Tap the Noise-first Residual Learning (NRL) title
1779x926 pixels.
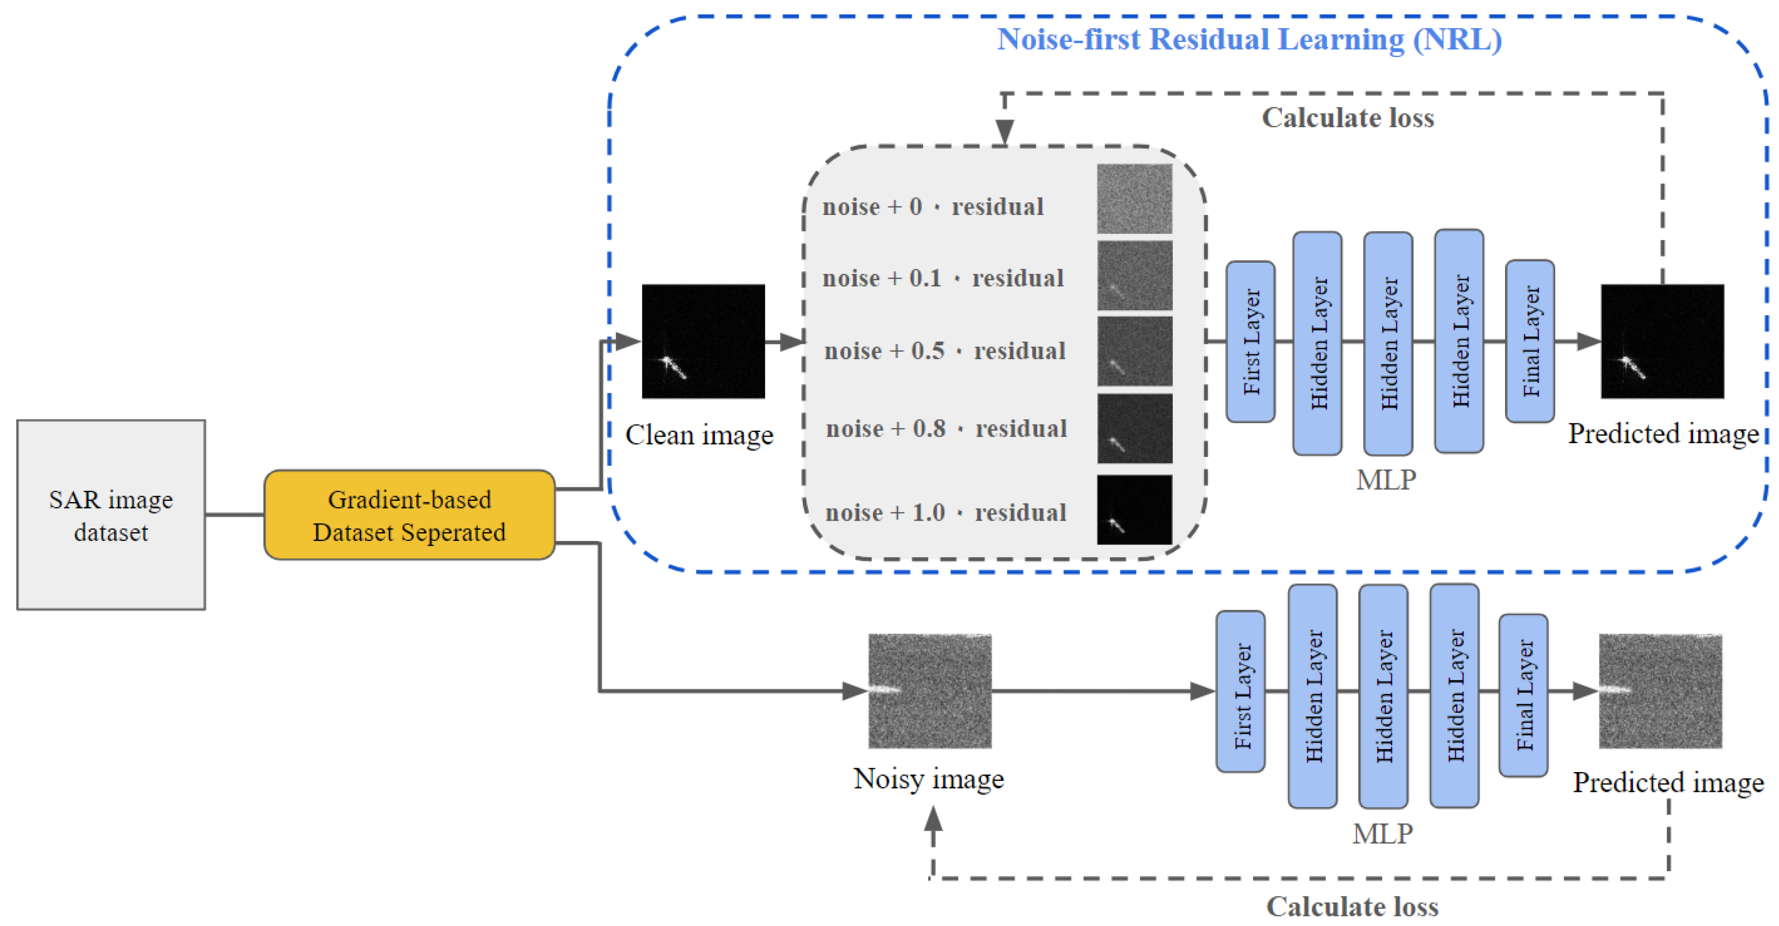pos(1249,39)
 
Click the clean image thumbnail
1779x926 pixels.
pos(703,341)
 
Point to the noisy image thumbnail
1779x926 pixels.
pos(930,690)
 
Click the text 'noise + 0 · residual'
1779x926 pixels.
pos(932,206)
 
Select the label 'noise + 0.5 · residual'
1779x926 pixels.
pos(945,351)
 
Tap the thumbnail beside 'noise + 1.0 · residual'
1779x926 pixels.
pos(1134,509)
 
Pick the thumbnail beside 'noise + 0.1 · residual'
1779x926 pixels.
pos(1134,276)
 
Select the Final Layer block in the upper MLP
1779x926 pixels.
pos(1530,341)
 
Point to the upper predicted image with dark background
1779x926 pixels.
pos(1662,341)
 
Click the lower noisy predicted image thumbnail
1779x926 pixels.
pos(1660,690)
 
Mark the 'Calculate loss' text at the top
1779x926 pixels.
pos(1347,118)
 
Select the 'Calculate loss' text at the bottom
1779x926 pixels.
pos(1351,906)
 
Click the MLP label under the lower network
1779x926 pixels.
pos(1383,833)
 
